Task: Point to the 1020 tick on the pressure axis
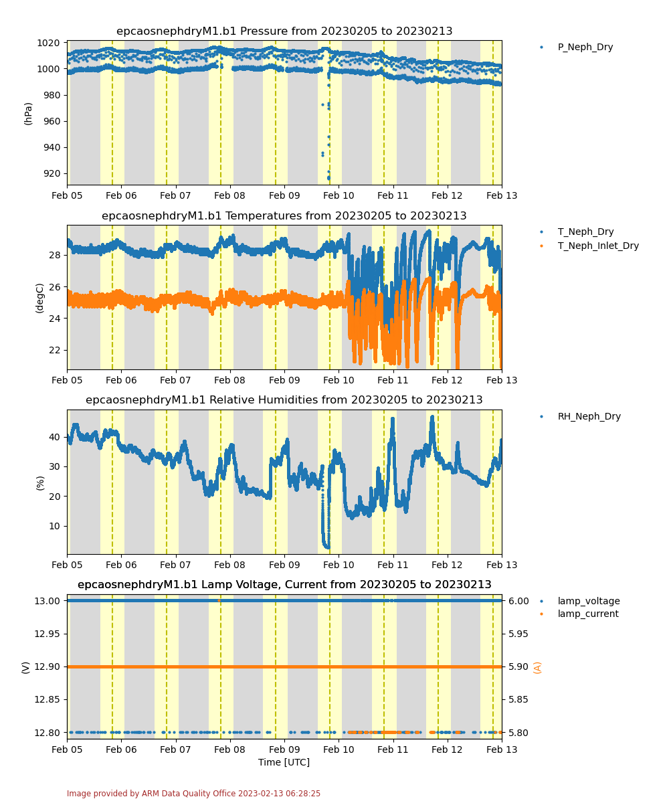(x=48, y=43)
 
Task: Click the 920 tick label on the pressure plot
(x=52, y=173)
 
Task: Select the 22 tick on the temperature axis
(x=55, y=350)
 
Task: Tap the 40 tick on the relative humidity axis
(x=55, y=437)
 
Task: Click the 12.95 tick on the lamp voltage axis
(x=47, y=634)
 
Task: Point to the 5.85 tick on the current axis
(x=518, y=699)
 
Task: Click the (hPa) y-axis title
(x=27, y=114)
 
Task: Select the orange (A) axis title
(x=537, y=667)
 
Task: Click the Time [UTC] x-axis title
(x=284, y=762)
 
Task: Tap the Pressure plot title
(x=284, y=31)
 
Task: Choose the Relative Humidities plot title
(x=284, y=399)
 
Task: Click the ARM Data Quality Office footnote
(x=193, y=794)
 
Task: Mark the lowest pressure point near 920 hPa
(x=328, y=179)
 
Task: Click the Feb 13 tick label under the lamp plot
(x=501, y=749)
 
